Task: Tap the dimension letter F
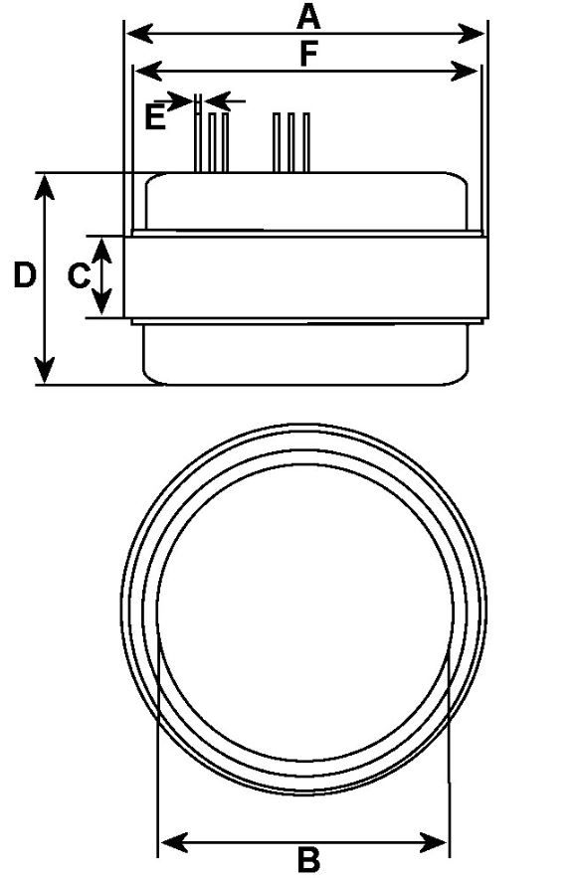pos(308,54)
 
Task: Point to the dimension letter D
pos(25,275)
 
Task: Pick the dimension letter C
pos(79,275)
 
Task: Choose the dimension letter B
pos(308,859)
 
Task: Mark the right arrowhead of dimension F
pos(465,72)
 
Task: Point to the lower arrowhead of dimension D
pos(44,371)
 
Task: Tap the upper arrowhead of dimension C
pos(101,250)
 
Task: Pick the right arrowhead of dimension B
pos(434,841)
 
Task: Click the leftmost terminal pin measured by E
pos(198,133)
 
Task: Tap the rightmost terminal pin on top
pos(306,142)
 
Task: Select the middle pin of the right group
pos(291,142)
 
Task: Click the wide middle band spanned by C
pos(305,277)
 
